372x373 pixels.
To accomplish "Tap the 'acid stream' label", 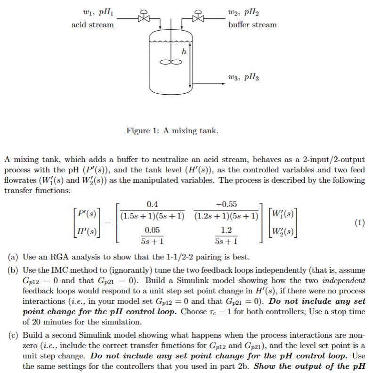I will pos(92,24).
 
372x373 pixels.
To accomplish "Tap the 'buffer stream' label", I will pos(253,24).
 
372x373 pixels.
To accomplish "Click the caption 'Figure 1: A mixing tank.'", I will pos(172,130).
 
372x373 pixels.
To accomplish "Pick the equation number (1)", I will pos(360,223).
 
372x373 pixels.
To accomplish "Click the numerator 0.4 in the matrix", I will pos(152,204).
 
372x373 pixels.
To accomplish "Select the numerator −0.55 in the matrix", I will pos(226,204).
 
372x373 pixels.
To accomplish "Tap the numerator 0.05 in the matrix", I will pos(152,230).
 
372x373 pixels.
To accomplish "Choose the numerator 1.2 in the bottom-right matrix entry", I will pos(226,230).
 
